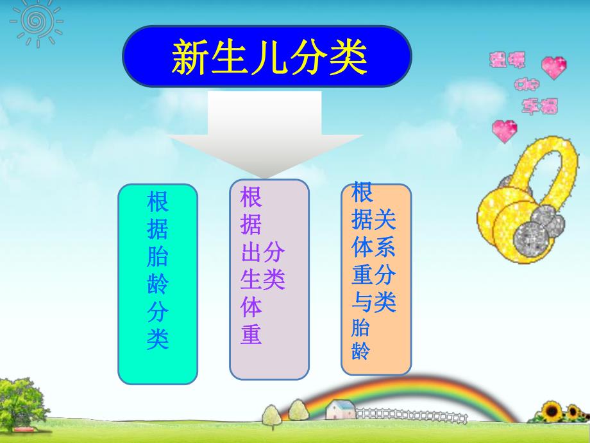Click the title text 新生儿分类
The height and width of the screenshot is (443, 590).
pyautogui.click(x=269, y=57)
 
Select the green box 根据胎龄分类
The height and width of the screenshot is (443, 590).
pyautogui.click(x=158, y=284)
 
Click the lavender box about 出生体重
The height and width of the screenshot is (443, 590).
pyautogui.click(x=269, y=279)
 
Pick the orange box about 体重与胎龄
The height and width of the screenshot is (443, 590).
pyautogui.click(x=376, y=279)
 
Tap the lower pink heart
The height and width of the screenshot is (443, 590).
pyautogui.click(x=504, y=130)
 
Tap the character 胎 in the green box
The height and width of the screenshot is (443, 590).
pyautogui.click(x=158, y=257)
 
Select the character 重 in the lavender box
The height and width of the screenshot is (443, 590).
pyautogui.click(x=251, y=334)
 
